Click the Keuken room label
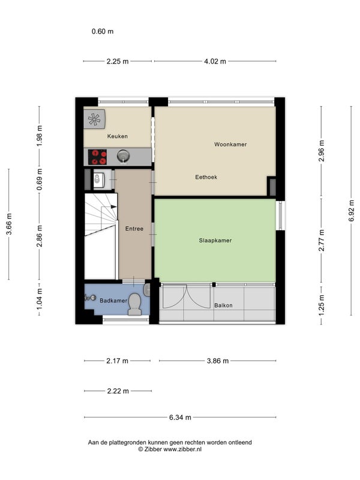tap(117, 136)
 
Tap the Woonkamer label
tap(230, 144)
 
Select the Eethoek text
tap(206, 177)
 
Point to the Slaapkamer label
tap(215, 241)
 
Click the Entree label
tap(134, 229)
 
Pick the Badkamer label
tap(113, 301)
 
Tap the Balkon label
tap(223, 305)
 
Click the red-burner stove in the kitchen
tap(97, 157)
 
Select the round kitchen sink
tap(123, 157)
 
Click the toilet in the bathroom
tap(134, 304)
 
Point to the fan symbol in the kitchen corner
tap(94, 119)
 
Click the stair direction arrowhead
tap(113, 206)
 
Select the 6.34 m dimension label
tap(180, 417)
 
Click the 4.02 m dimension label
tap(215, 61)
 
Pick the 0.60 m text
tap(103, 31)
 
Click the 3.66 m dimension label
tap(9, 224)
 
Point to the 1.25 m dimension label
tap(322, 305)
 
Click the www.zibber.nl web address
tap(182, 449)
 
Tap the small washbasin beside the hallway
tap(98, 179)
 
